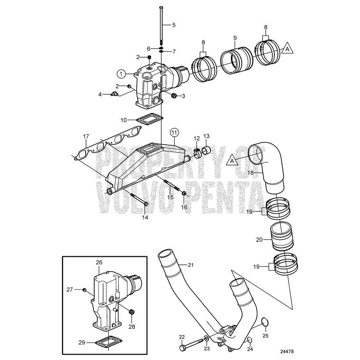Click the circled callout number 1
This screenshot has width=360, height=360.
pos(122,73)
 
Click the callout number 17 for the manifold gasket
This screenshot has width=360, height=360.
pos(86,136)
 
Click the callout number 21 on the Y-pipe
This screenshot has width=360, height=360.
pos(191,265)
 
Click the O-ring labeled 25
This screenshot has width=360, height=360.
pos(266,323)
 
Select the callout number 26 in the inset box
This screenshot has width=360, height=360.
pos(99,262)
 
